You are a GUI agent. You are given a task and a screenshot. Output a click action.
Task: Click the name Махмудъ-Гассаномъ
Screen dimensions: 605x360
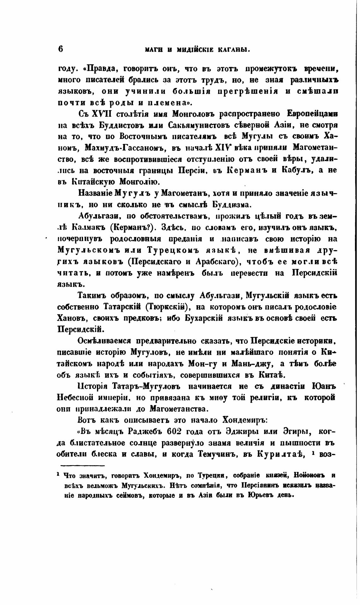point(126,148)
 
